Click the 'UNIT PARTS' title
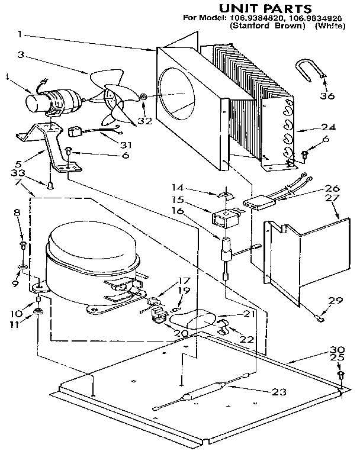click(265, 8)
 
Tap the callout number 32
click(143, 121)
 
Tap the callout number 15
click(195, 199)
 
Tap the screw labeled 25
click(340, 375)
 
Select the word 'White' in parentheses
click(327, 27)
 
